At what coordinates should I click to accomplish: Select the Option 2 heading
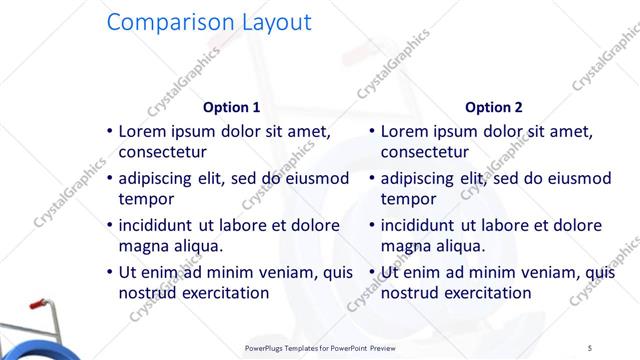[493, 107]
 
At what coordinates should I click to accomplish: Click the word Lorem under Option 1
[144, 131]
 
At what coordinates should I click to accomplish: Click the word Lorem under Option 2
[406, 131]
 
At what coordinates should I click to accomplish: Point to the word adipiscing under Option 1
[162, 179]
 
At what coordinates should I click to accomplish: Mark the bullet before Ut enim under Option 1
[108, 273]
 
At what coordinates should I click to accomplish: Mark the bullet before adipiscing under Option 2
[371, 179]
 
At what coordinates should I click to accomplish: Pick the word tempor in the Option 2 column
[409, 198]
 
